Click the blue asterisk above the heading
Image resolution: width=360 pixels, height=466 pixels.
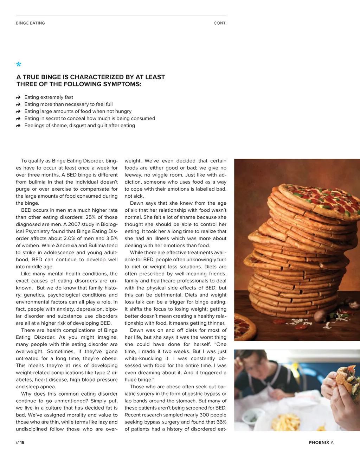(19, 64)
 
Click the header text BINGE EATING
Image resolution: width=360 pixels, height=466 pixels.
(30, 23)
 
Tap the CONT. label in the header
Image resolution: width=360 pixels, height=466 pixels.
(220, 23)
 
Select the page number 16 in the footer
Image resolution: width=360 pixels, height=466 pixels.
(22, 442)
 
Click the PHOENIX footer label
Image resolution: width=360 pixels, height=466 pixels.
(319, 442)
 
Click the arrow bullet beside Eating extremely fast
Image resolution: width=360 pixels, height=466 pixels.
(18, 97)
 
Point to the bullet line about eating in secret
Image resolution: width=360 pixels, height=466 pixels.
(90, 119)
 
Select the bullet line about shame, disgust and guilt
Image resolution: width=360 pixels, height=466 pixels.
(79, 126)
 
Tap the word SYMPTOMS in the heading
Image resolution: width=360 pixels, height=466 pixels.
(122, 84)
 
